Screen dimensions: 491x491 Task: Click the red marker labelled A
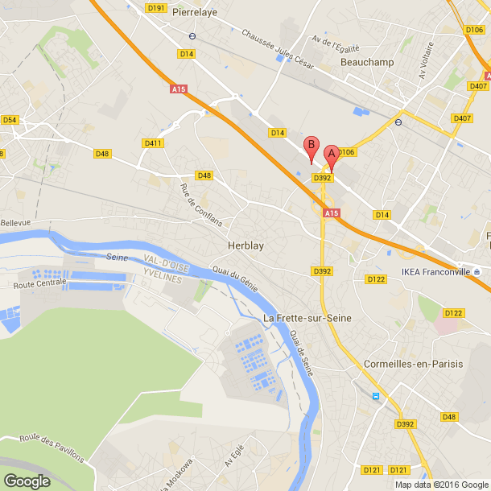331,154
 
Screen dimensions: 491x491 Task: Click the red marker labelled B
312,147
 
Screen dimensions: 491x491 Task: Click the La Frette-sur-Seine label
307,319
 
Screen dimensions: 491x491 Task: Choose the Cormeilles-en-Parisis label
414,364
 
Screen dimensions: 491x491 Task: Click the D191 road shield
156,8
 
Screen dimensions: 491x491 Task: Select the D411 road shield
153,142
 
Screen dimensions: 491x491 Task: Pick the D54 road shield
10,120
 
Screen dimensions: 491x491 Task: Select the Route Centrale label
39,283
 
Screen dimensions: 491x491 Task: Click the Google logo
26,481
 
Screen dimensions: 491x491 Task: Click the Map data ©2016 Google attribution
441,485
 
